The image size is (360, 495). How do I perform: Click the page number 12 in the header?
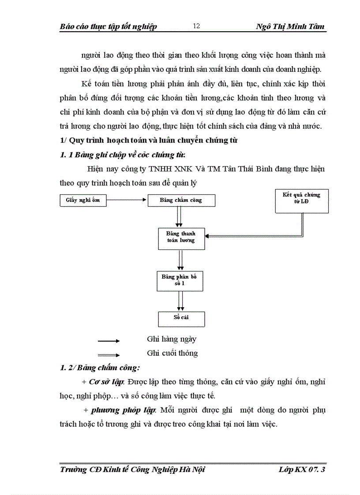click(x=197, y=26)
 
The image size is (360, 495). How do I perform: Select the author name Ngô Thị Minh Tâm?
click(x=290, y=26)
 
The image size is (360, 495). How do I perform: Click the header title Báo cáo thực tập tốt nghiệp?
click(x=108, y=26)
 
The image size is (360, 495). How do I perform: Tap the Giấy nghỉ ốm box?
click(x=83, y=201)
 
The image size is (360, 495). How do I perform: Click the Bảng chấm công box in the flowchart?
click(x=181, y=201)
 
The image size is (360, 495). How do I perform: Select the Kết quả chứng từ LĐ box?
click(x=301, y=201)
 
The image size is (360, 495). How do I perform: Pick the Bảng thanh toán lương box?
click(x=181, y=238)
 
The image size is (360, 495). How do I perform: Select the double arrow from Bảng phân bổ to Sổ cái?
click(x=180, y=301)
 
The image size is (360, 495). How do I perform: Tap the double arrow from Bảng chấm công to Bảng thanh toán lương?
click(x=179, y=217)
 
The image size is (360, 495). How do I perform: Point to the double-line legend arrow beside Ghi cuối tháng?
click(x=109, y=355)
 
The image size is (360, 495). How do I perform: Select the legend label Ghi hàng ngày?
click(x=172, y=339)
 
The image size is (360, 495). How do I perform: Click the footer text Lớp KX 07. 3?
click(x=302, y=470)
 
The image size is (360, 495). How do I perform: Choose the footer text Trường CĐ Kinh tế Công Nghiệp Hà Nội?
click(x=132, y=470)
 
